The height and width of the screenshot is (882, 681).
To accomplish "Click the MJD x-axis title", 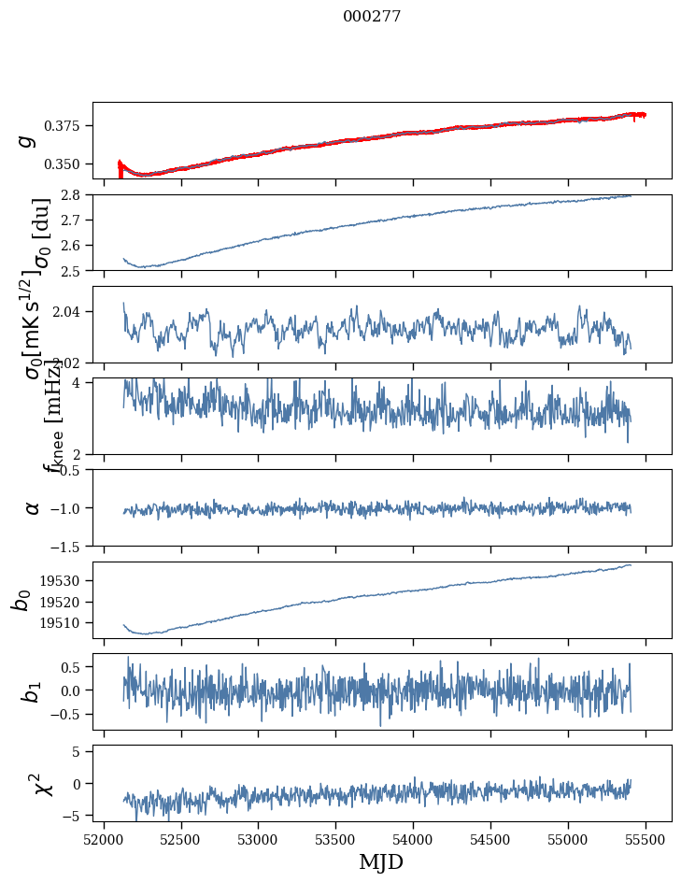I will point(381,861).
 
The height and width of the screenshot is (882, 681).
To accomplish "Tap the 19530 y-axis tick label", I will point(64,580).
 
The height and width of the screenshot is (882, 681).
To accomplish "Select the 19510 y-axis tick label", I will point(64,622).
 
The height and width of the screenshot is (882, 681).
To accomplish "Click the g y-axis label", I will point(27,140).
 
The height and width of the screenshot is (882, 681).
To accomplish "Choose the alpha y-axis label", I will point(32,507).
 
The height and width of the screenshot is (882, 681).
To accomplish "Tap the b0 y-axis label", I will point(22,600).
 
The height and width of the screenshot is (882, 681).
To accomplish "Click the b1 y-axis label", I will point(32,691).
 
